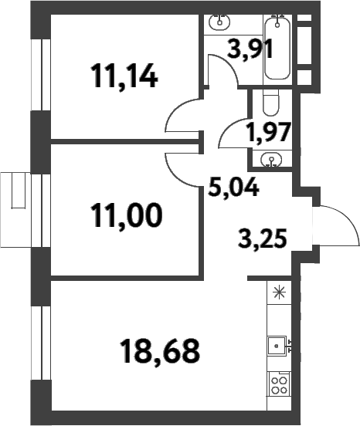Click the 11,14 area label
point(124,77)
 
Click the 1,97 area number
point(268,130)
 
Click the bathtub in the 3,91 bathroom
point(278,48)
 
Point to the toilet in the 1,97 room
point(270,102)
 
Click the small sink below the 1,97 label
point(270,161)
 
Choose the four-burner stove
point(278,384)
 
